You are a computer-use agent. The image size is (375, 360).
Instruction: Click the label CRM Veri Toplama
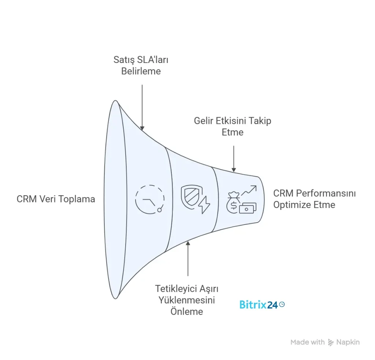tap(56, 199)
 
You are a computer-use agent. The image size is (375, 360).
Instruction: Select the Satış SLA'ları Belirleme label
tap(141, 65)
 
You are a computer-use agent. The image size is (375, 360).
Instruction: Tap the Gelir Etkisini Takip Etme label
tap(233, 126)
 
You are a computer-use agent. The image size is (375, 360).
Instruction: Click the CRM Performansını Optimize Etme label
tap(314, 198)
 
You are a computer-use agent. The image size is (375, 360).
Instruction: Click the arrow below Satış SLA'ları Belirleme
tap(141, 106)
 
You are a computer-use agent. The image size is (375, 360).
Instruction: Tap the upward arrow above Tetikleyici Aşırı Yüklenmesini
tap(187, 258)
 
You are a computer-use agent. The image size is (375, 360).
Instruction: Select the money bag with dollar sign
tap(233, 203)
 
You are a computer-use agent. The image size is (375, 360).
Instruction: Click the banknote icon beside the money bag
tap(248, 208)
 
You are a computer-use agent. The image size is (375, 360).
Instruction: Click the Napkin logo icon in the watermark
tap(331, 342)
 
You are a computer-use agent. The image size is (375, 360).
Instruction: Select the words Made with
tap(307, 342)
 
